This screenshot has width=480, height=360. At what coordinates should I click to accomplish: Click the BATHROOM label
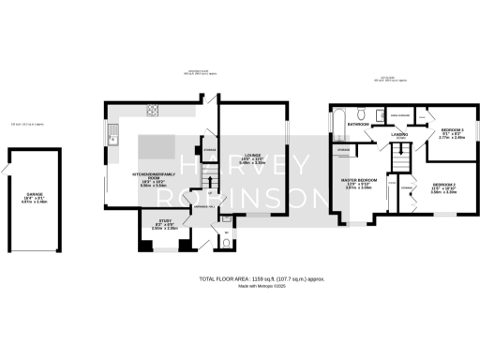pos(357,124)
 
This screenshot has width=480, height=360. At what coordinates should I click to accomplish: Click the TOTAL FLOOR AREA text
pos(262,279)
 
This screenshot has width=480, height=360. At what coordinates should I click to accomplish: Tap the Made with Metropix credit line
pos(262,286)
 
